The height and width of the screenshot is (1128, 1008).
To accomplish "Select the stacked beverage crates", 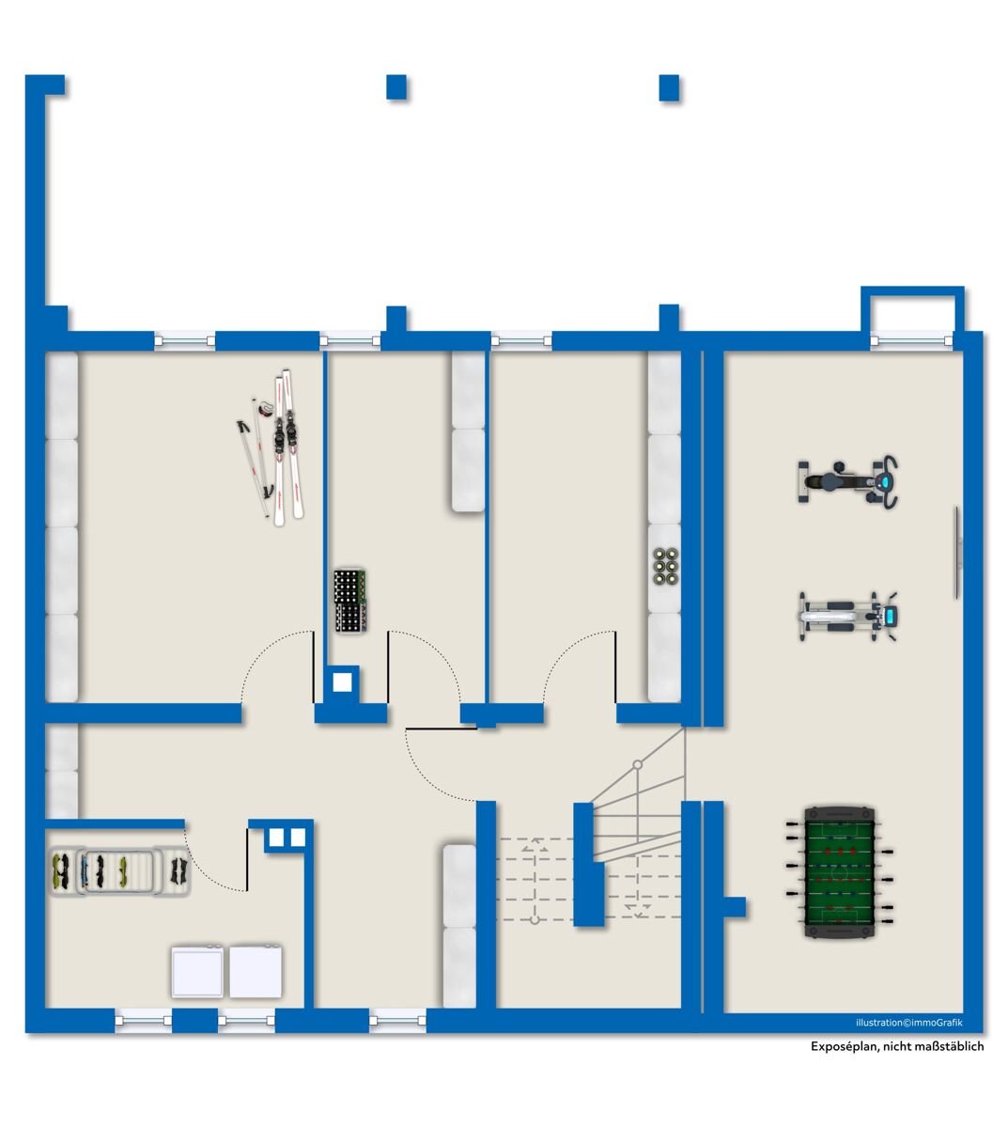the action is [x=349, y=600].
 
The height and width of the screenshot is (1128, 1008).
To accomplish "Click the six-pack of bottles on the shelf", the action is [x=666, y=567].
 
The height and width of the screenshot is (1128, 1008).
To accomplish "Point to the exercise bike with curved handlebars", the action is [x=847, y=481].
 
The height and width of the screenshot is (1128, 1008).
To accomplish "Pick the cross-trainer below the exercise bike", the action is [x=847, y=617].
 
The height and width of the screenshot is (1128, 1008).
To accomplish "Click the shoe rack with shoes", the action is [x=119, y=872].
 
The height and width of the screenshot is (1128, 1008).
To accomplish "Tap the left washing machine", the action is [x=197, y=972].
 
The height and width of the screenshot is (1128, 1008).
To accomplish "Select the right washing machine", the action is [x=256, y=972].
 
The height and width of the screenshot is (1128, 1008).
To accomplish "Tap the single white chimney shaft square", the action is [x=342, y=682].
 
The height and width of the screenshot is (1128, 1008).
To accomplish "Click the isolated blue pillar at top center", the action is [x=396, y=86].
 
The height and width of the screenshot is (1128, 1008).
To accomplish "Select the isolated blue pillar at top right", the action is [x=669, y=87].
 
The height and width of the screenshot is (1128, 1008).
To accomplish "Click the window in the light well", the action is [x=911, y=340].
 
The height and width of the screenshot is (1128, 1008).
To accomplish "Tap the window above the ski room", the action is [x=184, y=340].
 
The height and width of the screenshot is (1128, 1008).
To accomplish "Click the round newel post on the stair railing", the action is [x=637, y=764].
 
